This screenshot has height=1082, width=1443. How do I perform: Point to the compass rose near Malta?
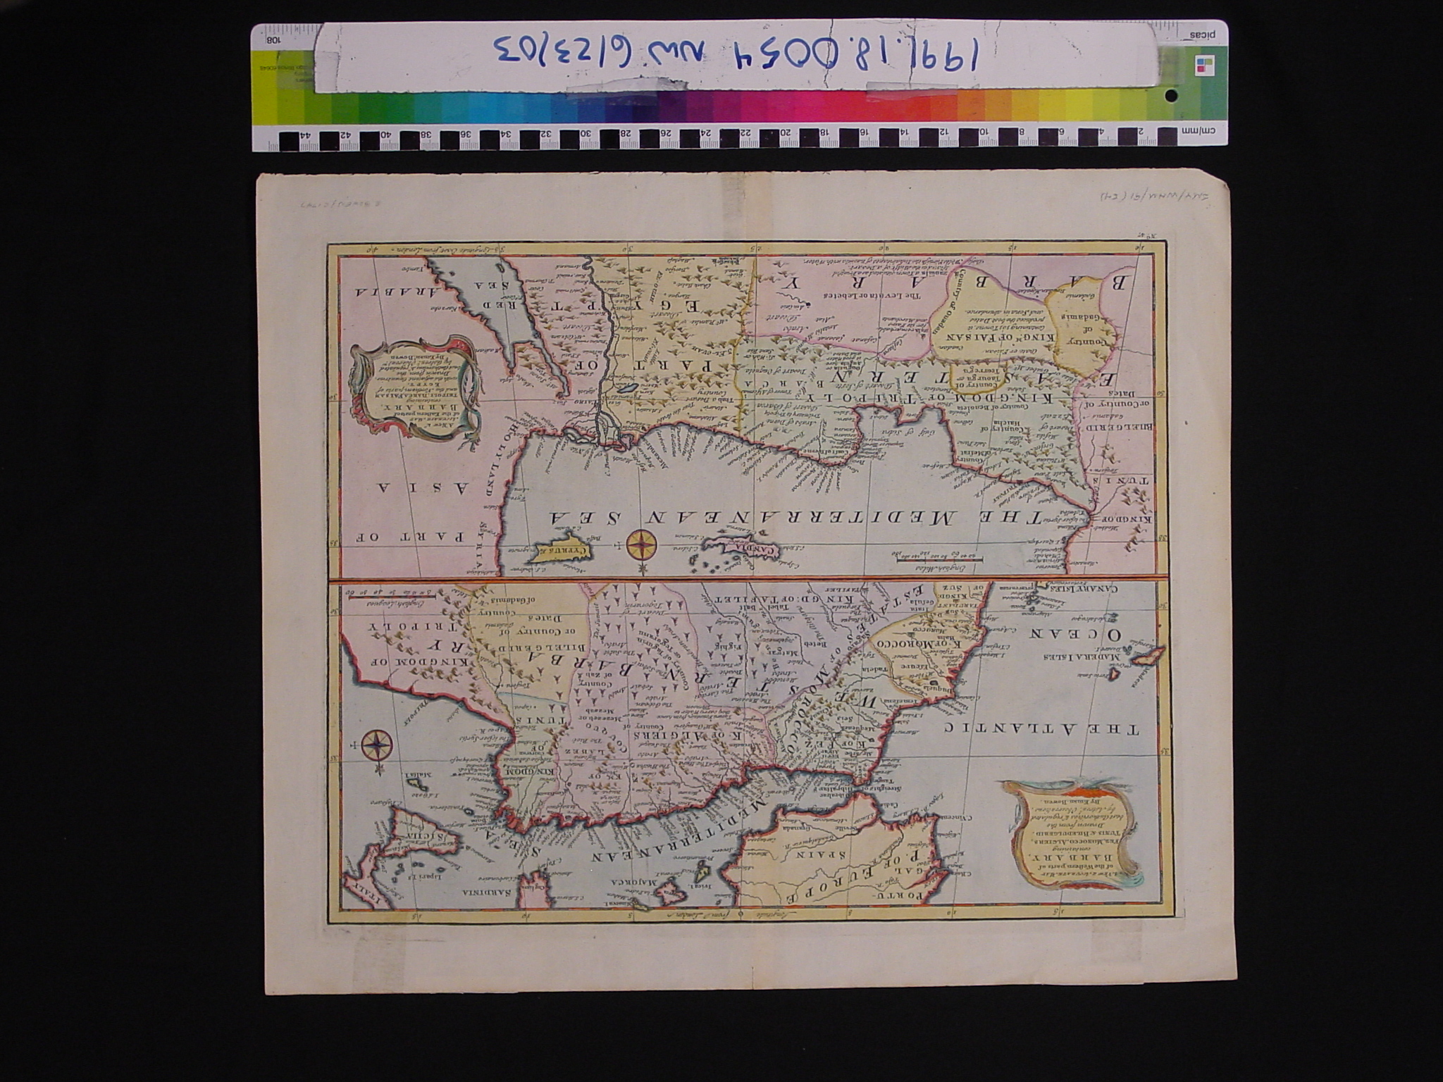(378, 745)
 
